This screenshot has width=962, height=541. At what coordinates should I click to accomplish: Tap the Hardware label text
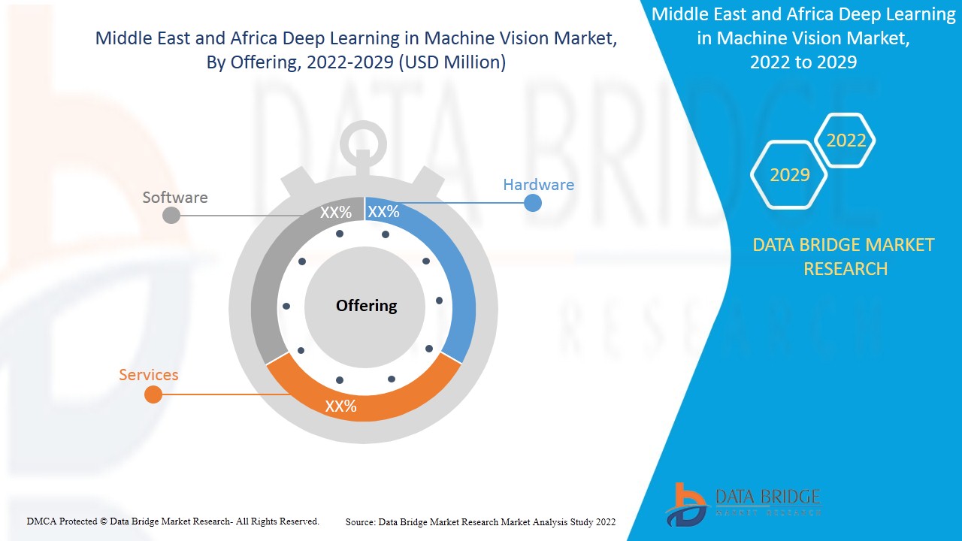pos(538,185)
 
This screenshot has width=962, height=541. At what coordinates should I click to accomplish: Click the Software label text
pos(175,198)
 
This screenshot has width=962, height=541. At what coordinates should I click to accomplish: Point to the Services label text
pos(149,375)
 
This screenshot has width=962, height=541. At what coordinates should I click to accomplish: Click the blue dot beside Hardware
pos(533,203)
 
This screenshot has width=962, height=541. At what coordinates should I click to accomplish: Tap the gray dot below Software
pos(171,215)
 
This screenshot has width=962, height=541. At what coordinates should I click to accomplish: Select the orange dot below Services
pos(153,394)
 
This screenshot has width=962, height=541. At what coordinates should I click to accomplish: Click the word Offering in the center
pos(366,306)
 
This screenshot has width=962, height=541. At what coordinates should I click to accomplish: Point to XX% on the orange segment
pos(340,407)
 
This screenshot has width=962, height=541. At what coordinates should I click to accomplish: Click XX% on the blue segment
pos(383,212)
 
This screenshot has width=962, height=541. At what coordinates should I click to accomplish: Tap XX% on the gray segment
pos(336,213)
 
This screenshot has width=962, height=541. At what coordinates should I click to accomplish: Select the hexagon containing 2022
pos(846,141)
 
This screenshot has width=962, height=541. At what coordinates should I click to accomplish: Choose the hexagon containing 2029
pos(789,175)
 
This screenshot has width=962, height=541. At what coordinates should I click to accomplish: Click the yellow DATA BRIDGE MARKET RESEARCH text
pos(844,256)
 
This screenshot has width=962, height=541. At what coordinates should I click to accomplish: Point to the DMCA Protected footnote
pos(173,521)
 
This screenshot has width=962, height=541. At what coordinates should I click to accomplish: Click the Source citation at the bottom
pos(480,521)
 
